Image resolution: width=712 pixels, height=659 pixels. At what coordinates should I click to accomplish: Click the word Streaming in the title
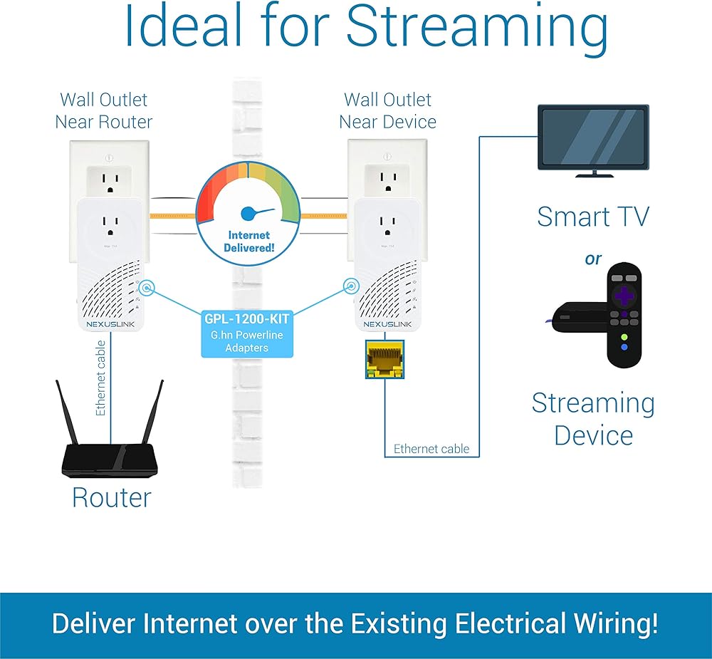point(477,28)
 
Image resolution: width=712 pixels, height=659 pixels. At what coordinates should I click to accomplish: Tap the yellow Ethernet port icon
point(384,360)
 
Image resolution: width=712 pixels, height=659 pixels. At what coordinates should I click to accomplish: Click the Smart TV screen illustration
point(594,137)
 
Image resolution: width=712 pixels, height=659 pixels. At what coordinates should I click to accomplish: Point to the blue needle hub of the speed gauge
point(248,213)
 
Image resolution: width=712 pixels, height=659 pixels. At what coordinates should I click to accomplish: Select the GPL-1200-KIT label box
point(247,333)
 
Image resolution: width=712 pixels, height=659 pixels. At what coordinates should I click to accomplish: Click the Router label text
point(112,498)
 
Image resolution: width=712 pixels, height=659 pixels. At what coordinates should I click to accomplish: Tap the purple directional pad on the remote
point(624,296)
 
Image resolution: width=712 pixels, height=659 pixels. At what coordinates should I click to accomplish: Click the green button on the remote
point(624,337)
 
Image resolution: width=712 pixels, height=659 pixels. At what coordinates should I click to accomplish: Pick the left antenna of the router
point(67,412)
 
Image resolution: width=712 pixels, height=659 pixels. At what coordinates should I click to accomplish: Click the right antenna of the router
point(152,412)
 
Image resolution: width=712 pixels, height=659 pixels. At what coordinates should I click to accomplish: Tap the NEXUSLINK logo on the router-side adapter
point(110,324)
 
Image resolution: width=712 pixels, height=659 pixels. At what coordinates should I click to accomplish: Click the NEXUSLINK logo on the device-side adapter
point(387,324)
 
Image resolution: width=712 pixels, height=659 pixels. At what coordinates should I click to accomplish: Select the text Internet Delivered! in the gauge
point(248,242)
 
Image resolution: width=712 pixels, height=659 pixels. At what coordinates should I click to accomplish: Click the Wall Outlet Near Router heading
point(103,110)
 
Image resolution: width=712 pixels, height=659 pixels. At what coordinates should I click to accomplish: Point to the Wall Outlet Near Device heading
point(387,110)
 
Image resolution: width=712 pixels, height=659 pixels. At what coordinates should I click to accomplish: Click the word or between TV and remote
point(593,259)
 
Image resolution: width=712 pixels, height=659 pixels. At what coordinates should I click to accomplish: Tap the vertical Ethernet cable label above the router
point(101,378)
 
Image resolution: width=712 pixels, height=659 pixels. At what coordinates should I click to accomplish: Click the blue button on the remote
point(624,347)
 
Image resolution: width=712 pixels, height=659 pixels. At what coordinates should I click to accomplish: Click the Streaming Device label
point(593,419)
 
